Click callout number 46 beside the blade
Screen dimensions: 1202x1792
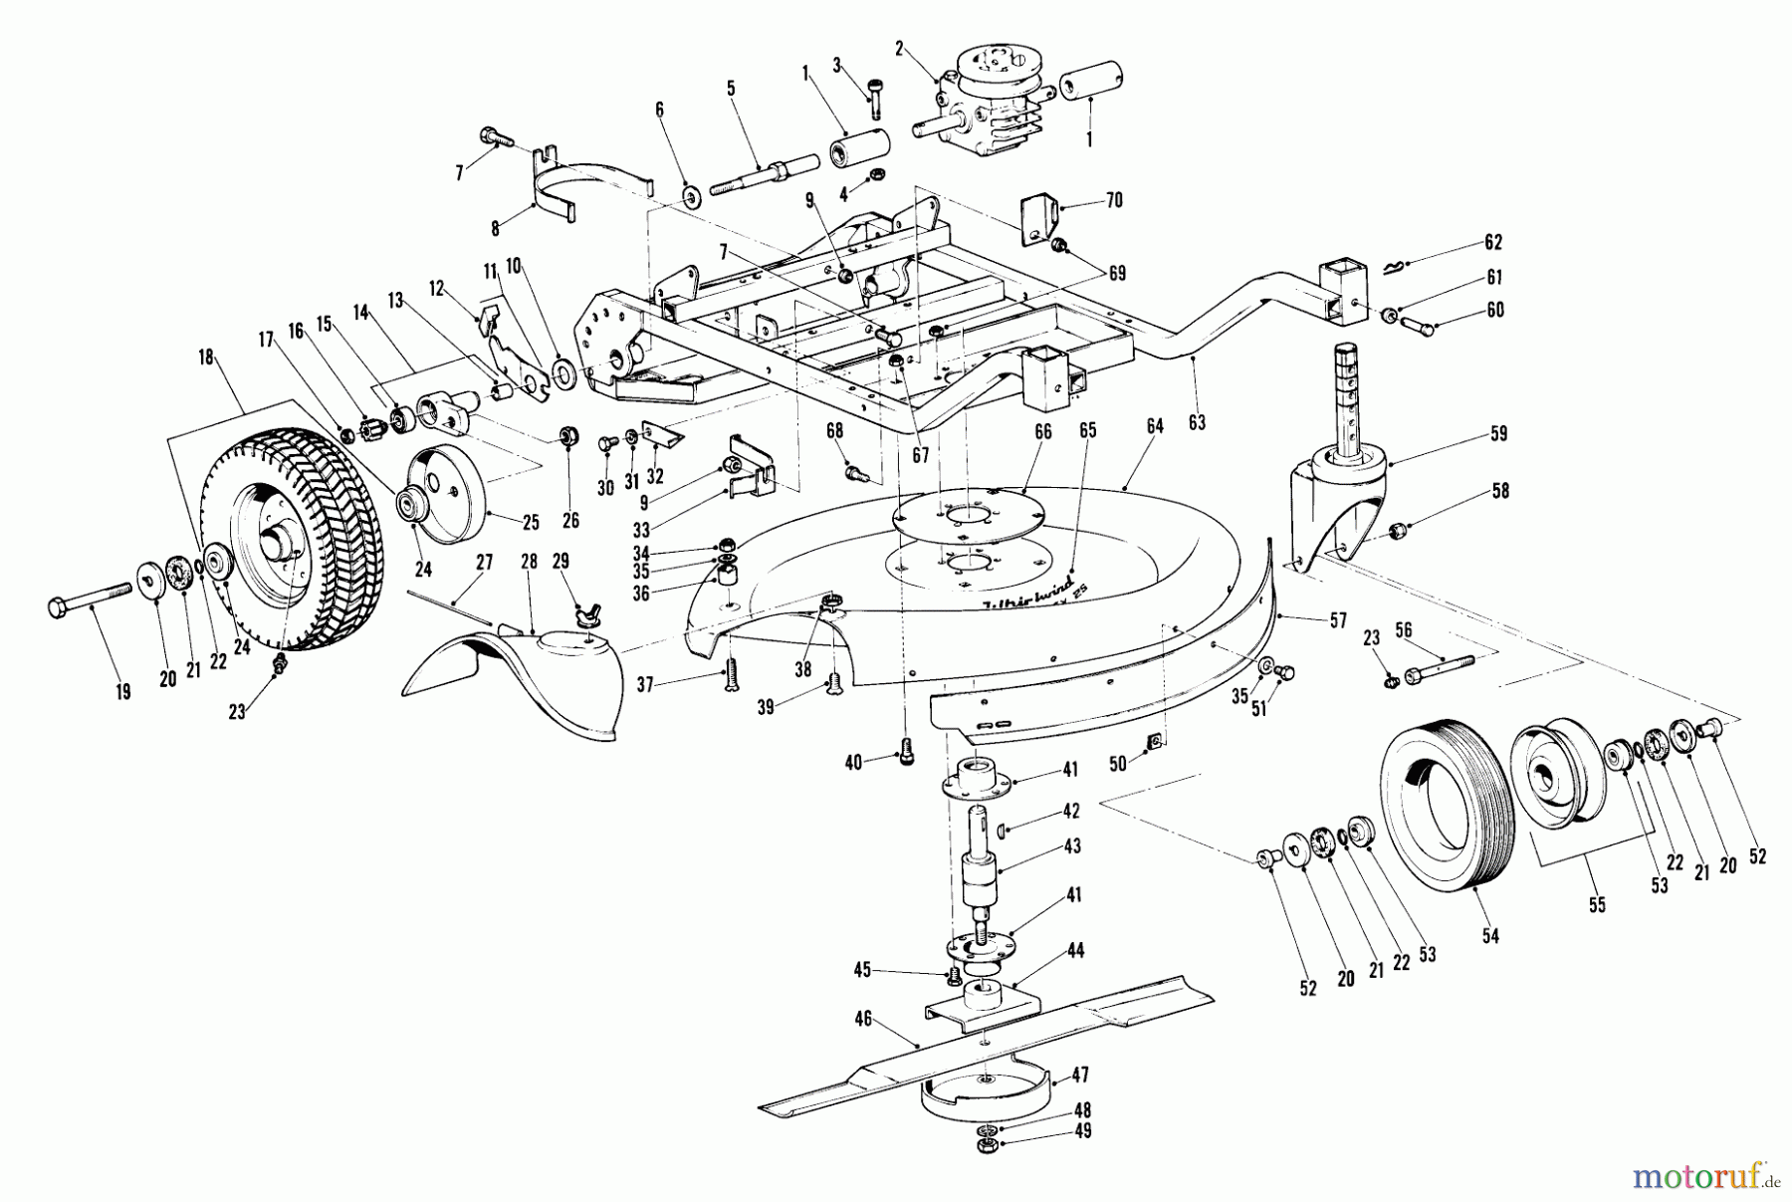(862, 1019)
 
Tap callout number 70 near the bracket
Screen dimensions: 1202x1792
(1114, 201)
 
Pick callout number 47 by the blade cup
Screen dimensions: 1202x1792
(1081, 1076)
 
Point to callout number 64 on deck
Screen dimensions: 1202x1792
(1154, 426)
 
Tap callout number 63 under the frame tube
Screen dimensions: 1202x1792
(1197, 422)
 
